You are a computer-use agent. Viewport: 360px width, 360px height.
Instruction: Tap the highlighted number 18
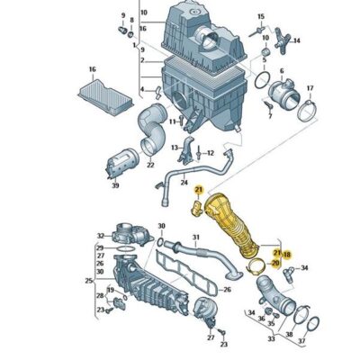tap(287, 256)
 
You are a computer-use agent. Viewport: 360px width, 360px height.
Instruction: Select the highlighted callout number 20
tap(275, 263)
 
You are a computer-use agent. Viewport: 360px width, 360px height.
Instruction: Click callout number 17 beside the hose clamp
tap(311, 89)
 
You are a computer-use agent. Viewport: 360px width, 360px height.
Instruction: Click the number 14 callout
tap(298, 40)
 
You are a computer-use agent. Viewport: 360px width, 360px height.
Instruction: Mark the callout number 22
tap(150, 165)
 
